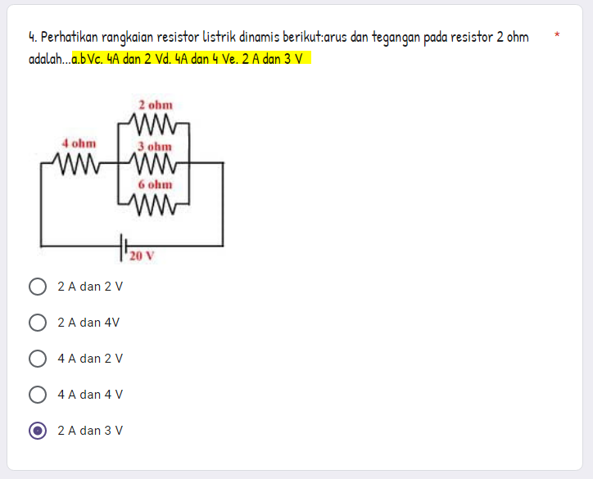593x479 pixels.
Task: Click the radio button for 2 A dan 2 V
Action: pos(38,287)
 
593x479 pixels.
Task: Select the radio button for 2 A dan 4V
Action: pos(38,323)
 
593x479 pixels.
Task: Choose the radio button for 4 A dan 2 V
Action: pos(38,359)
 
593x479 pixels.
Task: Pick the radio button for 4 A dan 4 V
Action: pos(38,395)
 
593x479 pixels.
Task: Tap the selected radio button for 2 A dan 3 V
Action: pos(38,431)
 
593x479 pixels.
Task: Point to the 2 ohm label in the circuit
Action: pos(155,106)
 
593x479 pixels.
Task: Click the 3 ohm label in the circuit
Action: pos(155,147)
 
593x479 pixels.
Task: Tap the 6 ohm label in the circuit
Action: pos(155,185)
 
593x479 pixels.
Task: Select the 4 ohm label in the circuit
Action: pos(79,143)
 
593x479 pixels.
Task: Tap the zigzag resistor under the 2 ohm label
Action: pos(155,124)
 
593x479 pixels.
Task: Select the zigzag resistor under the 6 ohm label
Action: pos(155,202)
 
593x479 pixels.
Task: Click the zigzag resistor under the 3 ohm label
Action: pos(155,163)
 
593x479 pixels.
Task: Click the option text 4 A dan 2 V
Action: pos(90,359)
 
